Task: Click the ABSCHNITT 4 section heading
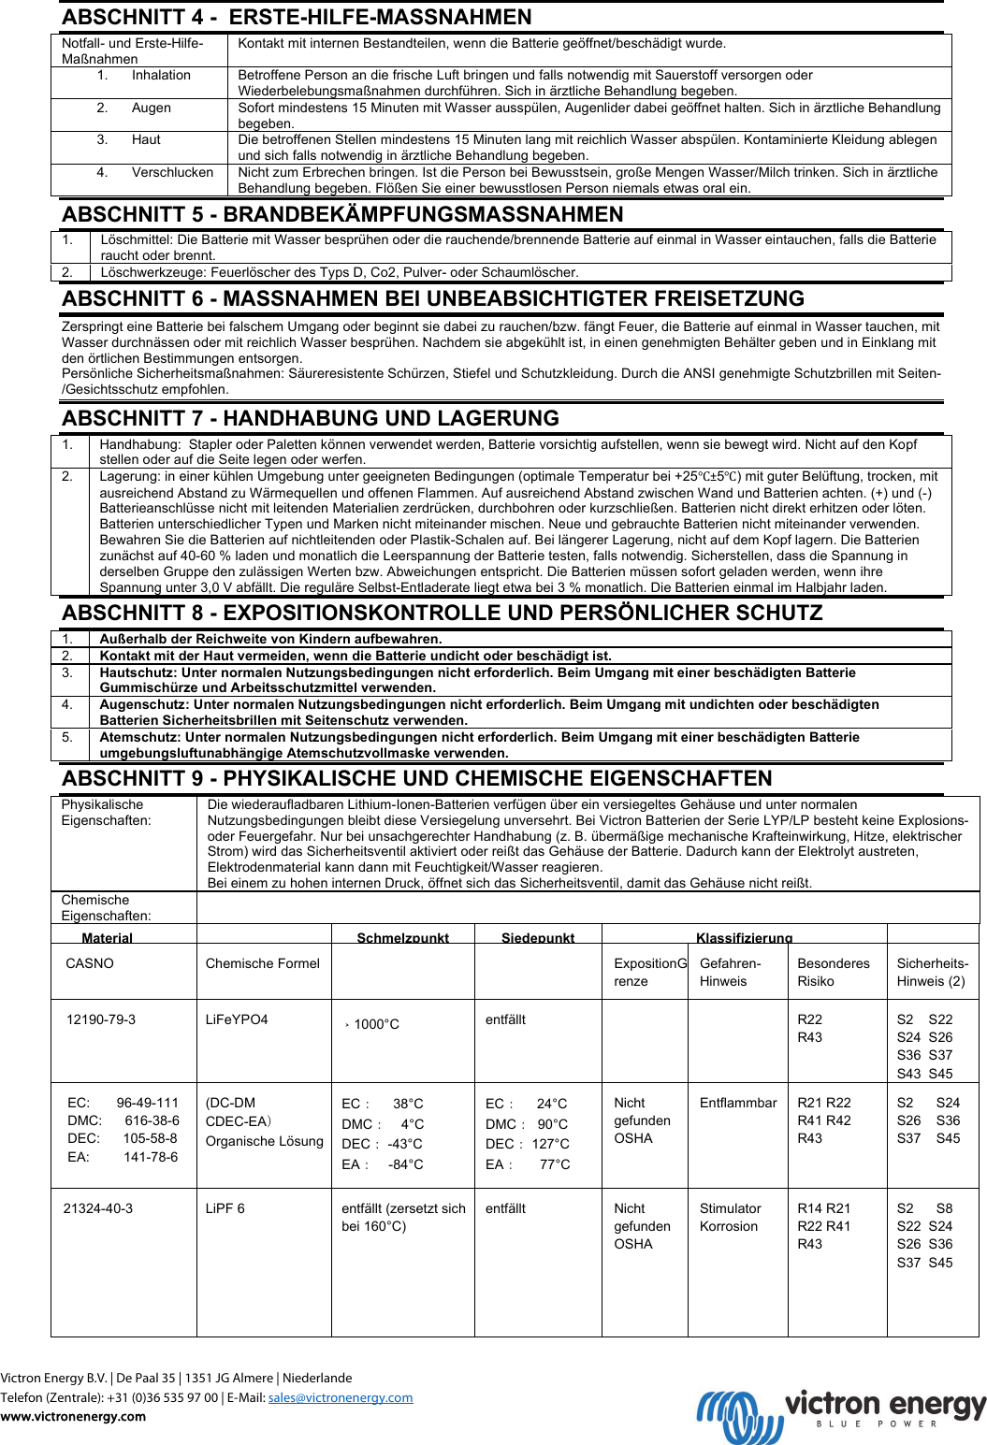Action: pyautogui.click(x=297, y=17)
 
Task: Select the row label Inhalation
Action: pyautogui.click(x=161, y=75)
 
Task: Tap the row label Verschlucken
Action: pyautogui.click(x=172, y=172)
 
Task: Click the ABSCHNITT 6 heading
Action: pyautogui.click(x=433, y=298)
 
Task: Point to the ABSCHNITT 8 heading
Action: pyautogui.click(x=442, y=613)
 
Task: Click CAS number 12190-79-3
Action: pyautogui.click(x=101, y=1019)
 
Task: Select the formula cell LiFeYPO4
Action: pyautogui.click(x=237, y=1019)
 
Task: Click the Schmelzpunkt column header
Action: pyautogui.click(x=402, y=937)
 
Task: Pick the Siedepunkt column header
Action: pyautogui.click(x=538, y=937)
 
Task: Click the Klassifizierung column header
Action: pyautogui.click(x=744, y=937)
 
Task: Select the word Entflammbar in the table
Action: pyautogui.click(x=738, y=1103)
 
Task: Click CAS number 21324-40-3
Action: pyautogui.click(x=98, y=1208)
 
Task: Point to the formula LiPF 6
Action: pyautogui.click(x=225, y=1208)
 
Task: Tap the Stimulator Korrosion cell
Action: pyautogui.click(x=731, y=1217)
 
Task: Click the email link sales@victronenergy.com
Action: pyautogui.click(x=341, y=1397)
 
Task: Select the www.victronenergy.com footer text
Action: pyautogui.click(x=73, y=1416)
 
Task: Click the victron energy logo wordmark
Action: pyautogui.click(x=884, y=1406)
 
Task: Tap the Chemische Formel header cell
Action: pyautogui.click(x=262, y=963)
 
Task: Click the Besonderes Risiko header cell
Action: pyautogui.click(x=833, y=972)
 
